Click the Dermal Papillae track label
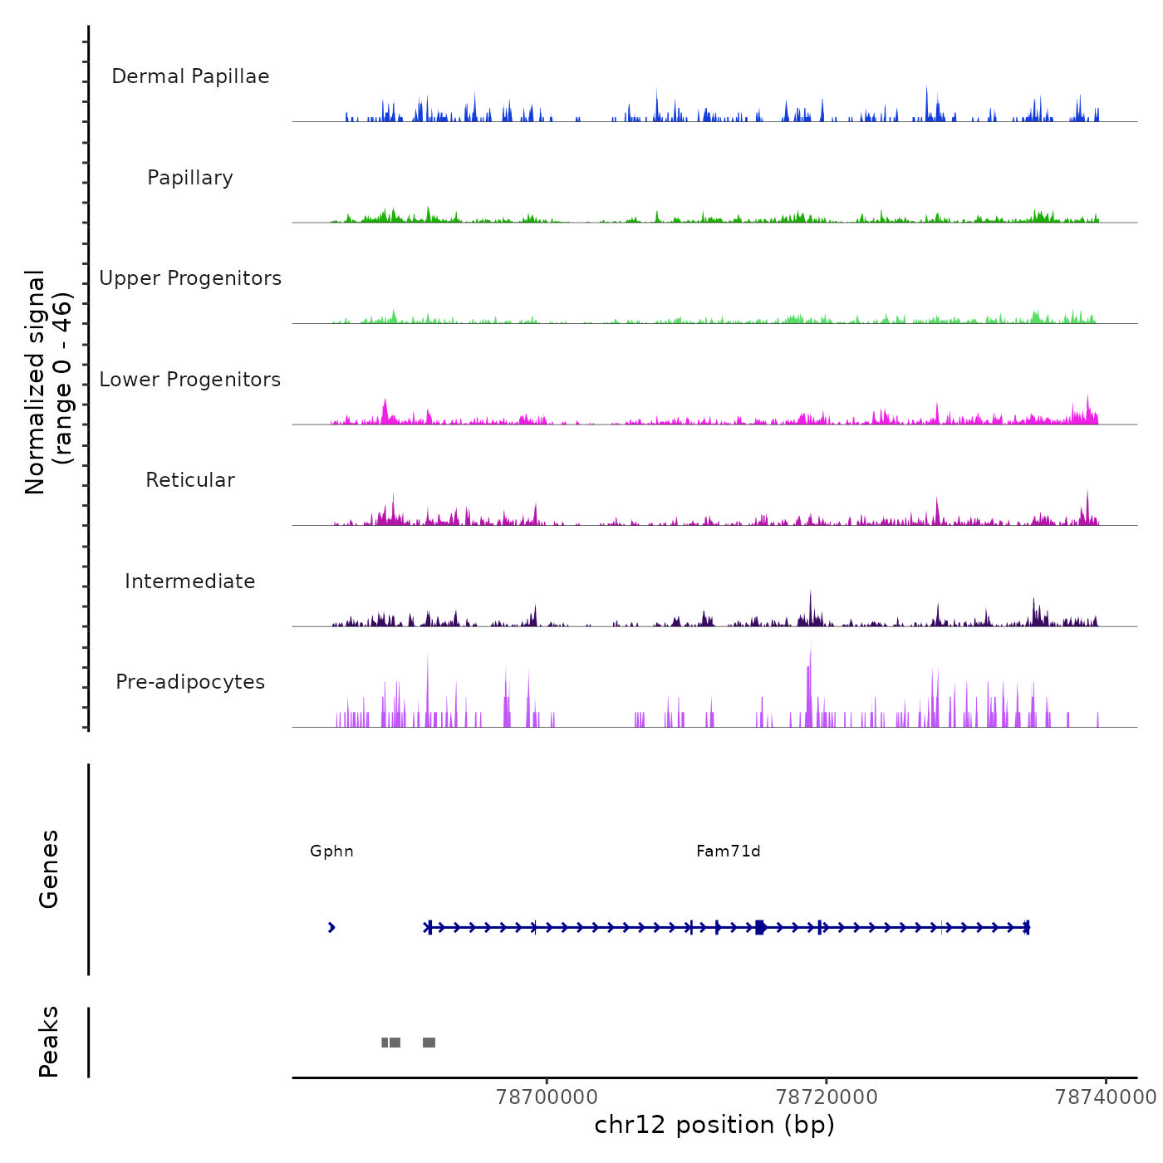pyautogui.click(x=190, y=76)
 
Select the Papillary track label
pyautogui.click(x=190, y=178)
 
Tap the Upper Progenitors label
pyautogui.click(x=190, y=278)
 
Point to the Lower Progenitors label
pyautogui.click(x=190, y=380)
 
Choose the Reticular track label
pyautogui.click(x=190, y=480)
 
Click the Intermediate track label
pyautogui.click(x=190, y=581)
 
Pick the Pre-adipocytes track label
pyautogui.click(x=190, y=682)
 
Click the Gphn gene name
pyautogui.click(x=331, y=851)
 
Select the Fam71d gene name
pyautogui.click(x=729, y=851)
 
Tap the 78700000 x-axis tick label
pyautogui.click(x=547, y=1097)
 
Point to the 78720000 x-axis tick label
pyautogui.click(x=827, y=1097)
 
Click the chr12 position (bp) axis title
pyautogui.click(x=714, y=1125)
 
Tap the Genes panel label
pyautogui.click(x=49, y=869)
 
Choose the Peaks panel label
pyautogui.click(x=49, y=1042)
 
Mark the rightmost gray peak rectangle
pyautogui.click(x=429, y=1043)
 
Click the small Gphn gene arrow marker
pyautogui.click(x=331, y=928)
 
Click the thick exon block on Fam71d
pyautogui.click(x=760, y=927)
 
